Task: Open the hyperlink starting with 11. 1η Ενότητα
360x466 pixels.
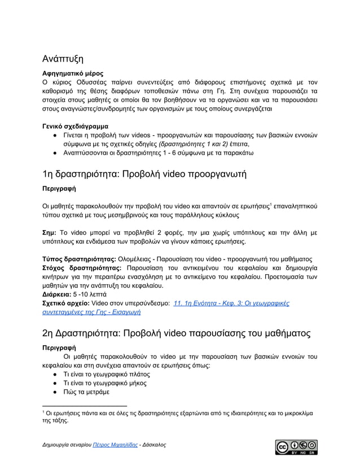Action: [x=232, y=303]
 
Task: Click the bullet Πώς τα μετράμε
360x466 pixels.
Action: [x=86, y=393]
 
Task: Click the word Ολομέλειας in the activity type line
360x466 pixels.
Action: [x=139, y=258]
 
